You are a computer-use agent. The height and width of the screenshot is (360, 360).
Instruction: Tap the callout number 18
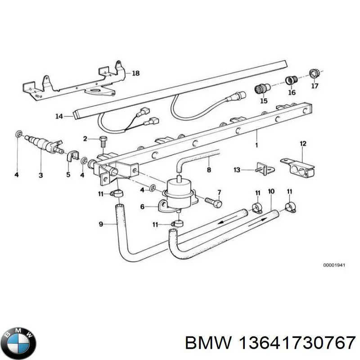136,72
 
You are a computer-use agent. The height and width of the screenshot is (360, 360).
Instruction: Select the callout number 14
60,116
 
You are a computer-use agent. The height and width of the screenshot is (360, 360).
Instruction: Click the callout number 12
303,144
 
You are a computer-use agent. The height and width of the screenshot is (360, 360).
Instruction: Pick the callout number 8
208,170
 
